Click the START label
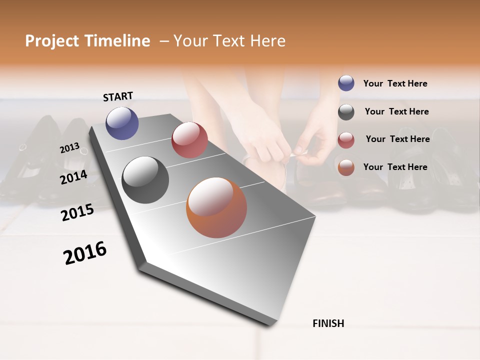pos(118,96)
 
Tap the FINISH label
pos(328,323)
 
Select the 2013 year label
pos(69,148)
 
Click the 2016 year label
pos(85,253)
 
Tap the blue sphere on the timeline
pos(122,123)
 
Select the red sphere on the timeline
pos(189,140)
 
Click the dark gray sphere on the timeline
pos(145,180)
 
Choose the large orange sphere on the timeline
pos(216,207)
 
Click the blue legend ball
pos(346,83)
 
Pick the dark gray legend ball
pos(346,112)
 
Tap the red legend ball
pos(346,139)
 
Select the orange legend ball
pos(346,167)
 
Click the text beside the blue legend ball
pos(395,83)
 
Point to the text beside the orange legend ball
pos(395,167)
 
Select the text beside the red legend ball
pos(397,139)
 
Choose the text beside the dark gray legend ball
pos(396,111)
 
